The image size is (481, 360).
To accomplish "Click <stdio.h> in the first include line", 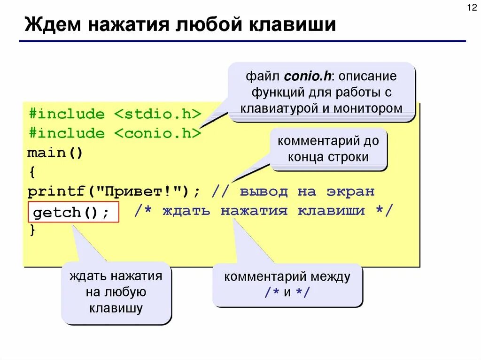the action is (157, 114).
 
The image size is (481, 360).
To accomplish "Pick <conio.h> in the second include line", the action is (157, 133).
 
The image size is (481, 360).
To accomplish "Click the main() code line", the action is (55, 153).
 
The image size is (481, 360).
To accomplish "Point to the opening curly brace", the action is (31, 172).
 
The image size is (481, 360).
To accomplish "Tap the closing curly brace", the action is (31, 230).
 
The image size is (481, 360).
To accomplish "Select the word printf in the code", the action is (56, 191).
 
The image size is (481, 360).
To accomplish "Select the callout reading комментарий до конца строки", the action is (328, 149).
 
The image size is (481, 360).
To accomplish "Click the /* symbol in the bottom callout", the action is (272, 292).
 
